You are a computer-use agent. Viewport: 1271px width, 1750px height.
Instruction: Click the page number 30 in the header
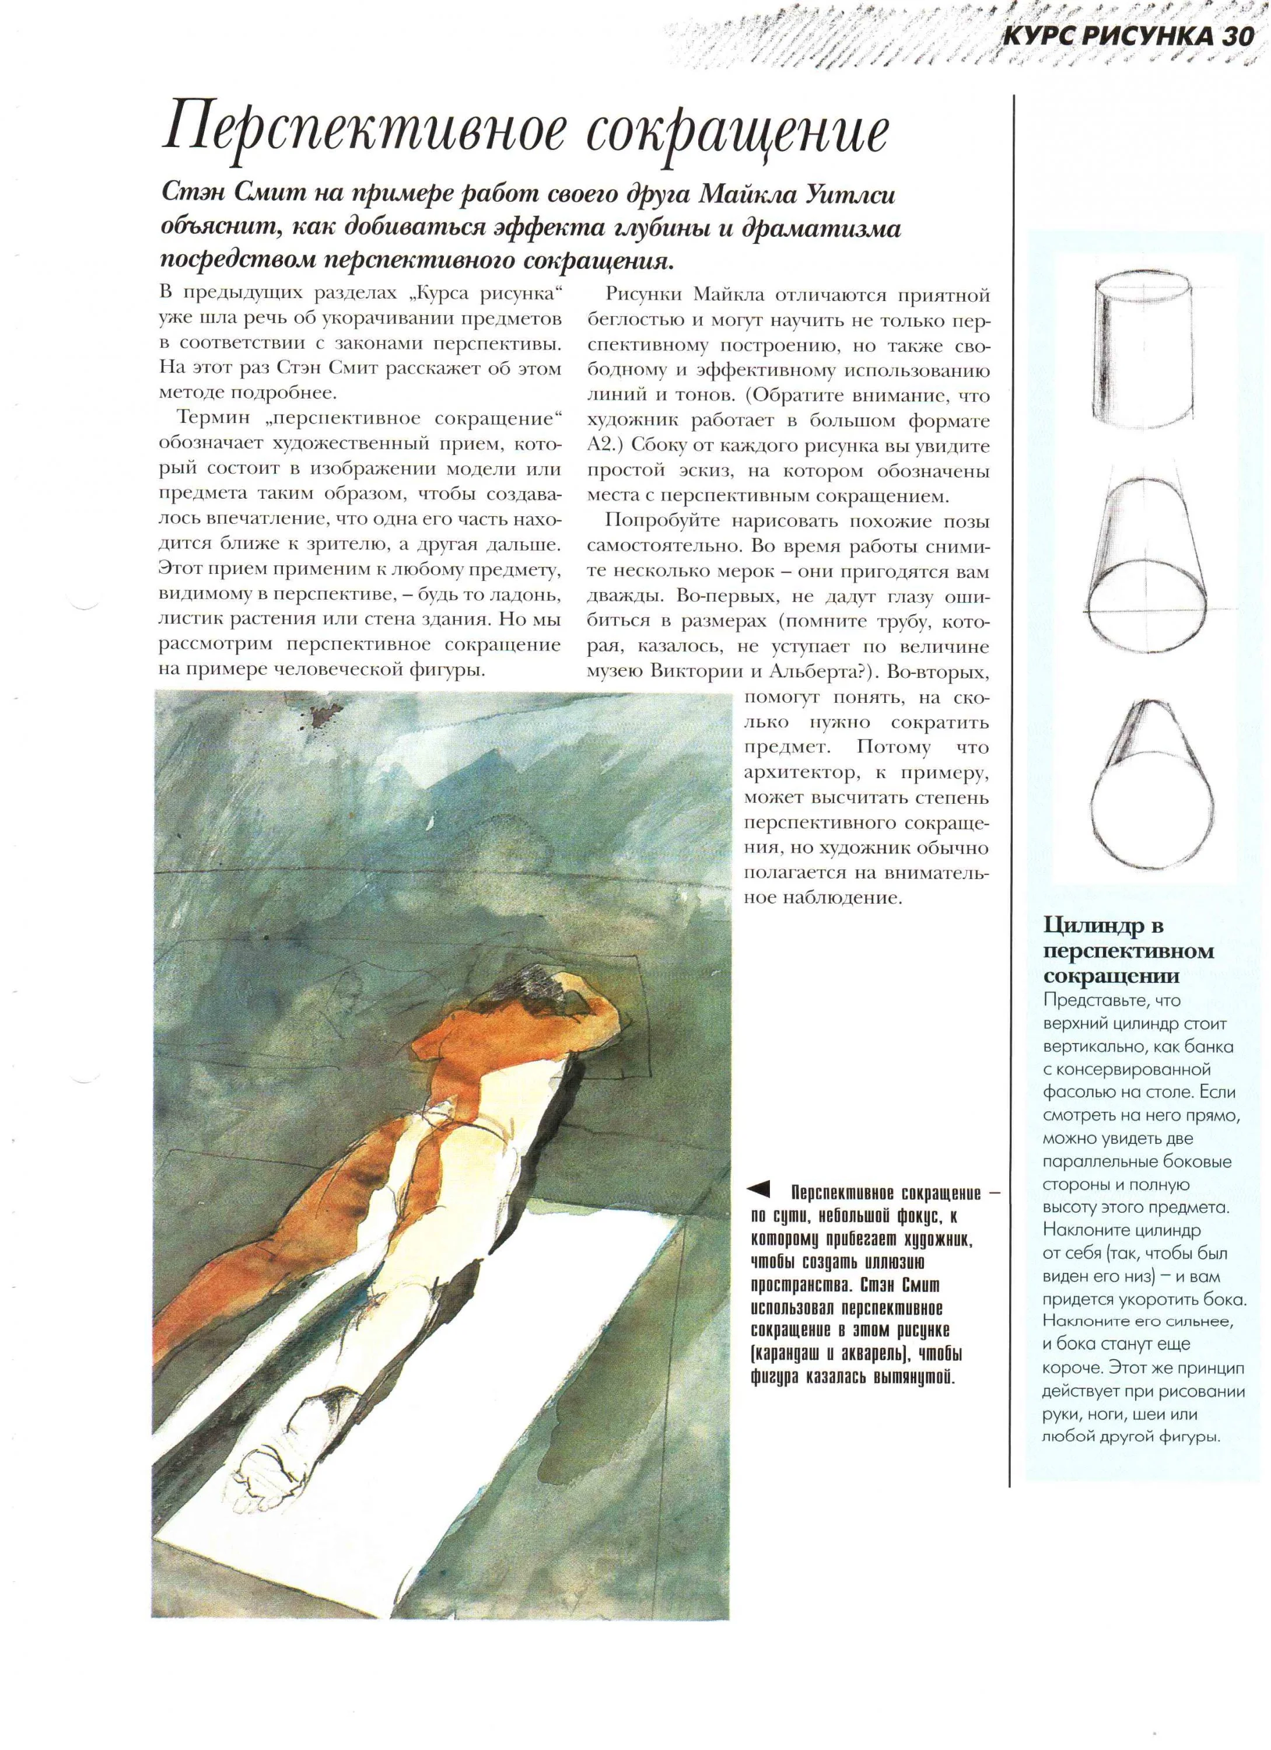click(1235, 36)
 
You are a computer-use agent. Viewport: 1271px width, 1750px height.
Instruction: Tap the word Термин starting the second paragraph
click(213, 418)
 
